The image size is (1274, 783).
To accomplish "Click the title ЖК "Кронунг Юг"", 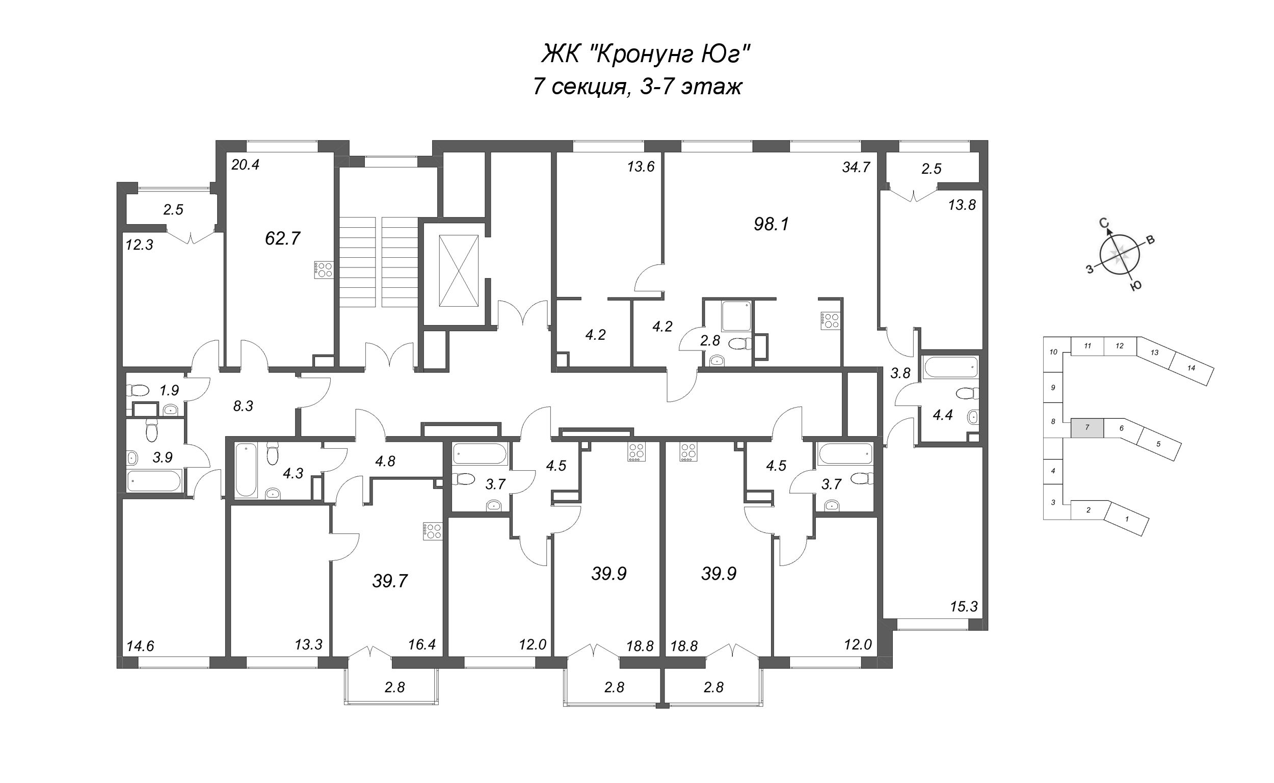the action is point(646,54).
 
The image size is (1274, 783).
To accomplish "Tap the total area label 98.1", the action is point(771,224).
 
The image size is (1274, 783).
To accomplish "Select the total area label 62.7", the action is point(282,238).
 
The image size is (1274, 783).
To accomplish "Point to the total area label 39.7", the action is point(390,581).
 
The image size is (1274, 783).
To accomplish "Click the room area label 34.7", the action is point(856,167).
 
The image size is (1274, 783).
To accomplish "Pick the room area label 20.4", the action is point(245,165).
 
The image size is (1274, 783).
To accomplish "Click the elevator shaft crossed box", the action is point(458,271).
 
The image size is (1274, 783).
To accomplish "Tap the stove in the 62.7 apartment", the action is point(324,270).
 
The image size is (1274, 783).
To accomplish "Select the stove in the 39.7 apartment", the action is point(433,531).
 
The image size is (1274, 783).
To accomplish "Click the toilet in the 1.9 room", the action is point(138,390).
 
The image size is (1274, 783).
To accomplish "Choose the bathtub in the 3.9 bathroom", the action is point(154,480).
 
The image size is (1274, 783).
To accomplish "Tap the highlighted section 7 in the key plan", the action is point(1087,427).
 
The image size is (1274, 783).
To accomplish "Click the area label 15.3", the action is point(964,606).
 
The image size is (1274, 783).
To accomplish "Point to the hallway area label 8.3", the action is point(243,407).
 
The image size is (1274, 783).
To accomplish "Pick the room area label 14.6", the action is point(140,646).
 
